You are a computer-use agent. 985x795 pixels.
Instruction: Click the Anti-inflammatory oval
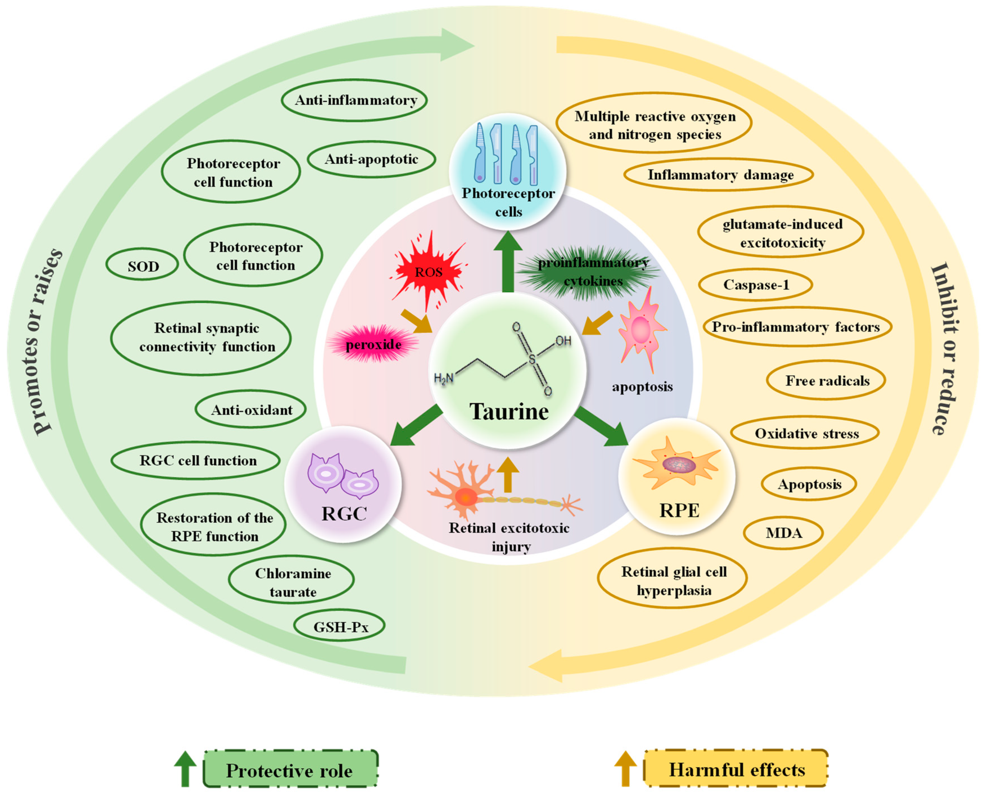pos(354,100)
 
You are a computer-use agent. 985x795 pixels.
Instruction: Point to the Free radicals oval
pos(826,380)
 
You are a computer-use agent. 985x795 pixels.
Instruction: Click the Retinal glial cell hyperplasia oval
pos(673,580)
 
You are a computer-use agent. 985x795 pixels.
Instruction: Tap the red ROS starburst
pos(428,272)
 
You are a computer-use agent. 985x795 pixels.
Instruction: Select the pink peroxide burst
pos(373,344)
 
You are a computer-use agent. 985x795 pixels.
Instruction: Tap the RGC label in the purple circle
pos(344,513)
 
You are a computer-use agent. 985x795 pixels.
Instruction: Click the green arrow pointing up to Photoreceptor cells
pos(508,263)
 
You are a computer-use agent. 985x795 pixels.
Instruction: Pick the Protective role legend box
pos(290,770)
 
